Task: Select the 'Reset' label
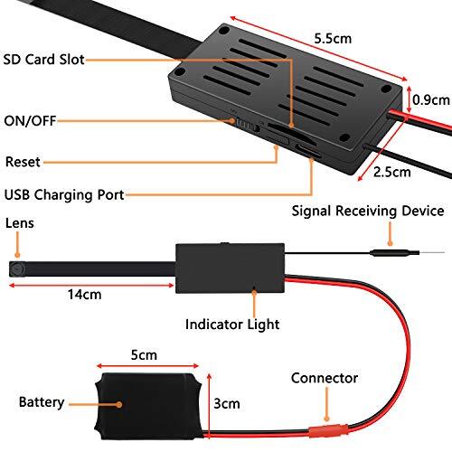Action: [23, 162]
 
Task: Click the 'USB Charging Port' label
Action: [63, 193]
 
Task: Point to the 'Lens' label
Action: [19, 222]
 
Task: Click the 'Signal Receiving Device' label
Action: [367, 212]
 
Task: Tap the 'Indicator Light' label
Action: [231, 323]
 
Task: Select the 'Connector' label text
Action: [325, 378]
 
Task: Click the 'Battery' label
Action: [42, 400]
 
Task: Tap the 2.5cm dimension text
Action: [391, 170]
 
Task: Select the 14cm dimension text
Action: [84, 295]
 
